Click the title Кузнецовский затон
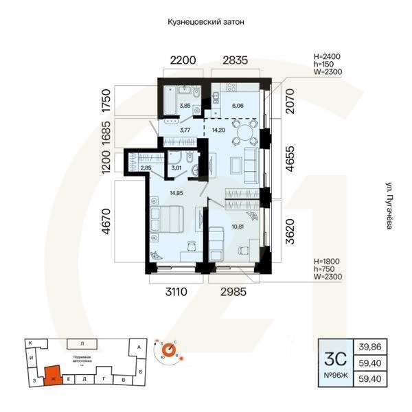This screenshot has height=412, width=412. point(206,22)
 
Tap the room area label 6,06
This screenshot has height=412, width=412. point(238,106)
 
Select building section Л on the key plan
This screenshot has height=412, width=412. point(82,342)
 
